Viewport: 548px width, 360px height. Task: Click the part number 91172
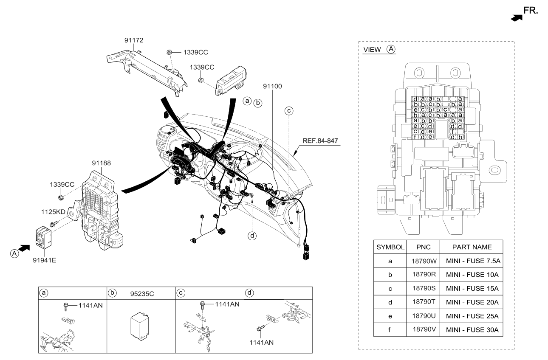[133, 40]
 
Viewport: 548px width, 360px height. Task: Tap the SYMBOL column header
[390, 247]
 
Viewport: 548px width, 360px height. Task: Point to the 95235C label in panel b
[141, 292]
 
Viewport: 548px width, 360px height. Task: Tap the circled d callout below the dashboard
[253, 235]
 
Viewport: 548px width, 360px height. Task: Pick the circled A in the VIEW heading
[391, 49]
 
